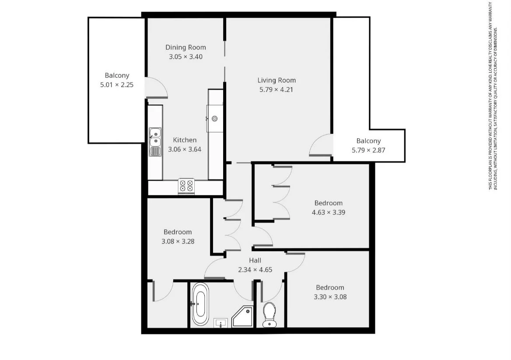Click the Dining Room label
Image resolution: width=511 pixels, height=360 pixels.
(185, 47)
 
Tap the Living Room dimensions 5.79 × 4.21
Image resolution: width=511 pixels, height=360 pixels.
(276, 90)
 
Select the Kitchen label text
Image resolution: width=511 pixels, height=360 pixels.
(185, 140)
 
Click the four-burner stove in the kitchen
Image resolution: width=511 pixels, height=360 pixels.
(186, 186)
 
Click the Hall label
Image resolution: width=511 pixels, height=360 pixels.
(255, 260)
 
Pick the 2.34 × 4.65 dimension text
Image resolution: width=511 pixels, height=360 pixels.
(255, 269)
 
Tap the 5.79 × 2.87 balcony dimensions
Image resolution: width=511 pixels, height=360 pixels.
(368, 150)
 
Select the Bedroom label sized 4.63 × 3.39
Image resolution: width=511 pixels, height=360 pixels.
(329, 203)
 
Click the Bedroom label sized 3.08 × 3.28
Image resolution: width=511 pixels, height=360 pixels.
(178, 232)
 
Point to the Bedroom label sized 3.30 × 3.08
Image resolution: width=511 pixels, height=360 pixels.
(330, 287)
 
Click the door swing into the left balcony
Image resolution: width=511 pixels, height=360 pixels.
(156, 87)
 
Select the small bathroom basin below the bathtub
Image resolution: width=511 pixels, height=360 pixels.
(221, 323)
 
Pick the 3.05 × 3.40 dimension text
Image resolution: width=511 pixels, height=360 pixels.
(185, 56)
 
